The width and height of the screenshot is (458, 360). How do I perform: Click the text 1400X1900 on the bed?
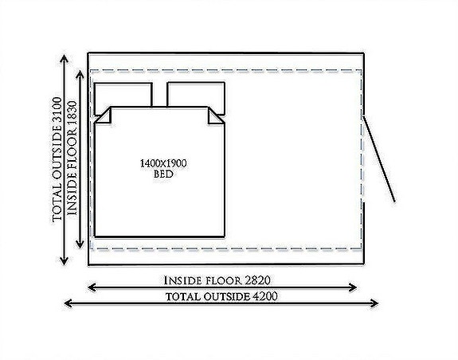pyautogui.click(x=163, y=163)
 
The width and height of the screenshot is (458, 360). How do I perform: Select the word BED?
pyautogui.click(x=163, y=174)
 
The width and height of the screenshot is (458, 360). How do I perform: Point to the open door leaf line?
pyautogui.click(x=379, y=158)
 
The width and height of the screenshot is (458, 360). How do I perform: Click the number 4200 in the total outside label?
pyautogui.click(x=264, y=296)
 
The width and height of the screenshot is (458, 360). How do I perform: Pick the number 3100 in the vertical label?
pyautogui.click(x=57, y=112)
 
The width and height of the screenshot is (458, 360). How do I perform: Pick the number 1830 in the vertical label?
pyautogui.click(x=72, y=115)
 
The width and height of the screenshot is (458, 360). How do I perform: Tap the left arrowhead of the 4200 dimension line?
pyautogui.click(x=68, y=303)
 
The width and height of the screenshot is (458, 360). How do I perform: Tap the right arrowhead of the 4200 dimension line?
pyautogui.click(x=374, y=303)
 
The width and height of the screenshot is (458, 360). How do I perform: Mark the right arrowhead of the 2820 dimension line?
pyautogui.click(x=353, y=288)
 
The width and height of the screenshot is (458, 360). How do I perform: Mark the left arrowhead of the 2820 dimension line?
pyautogui.click(x=92, y=288)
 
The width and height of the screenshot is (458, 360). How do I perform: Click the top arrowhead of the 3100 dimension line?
pyautogui.click(x=64, y=59)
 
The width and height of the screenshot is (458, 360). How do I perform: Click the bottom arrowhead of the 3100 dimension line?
pyautogui.click(x=64, y=261)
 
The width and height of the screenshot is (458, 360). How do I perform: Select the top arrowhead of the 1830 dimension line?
pyautogui.click(x=80, y=74)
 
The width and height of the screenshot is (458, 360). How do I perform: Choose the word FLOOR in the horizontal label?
pyautogui.click(x=224, y=281)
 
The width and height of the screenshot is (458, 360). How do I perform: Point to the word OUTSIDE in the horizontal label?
pyautogui.click(x=227, y=297)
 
